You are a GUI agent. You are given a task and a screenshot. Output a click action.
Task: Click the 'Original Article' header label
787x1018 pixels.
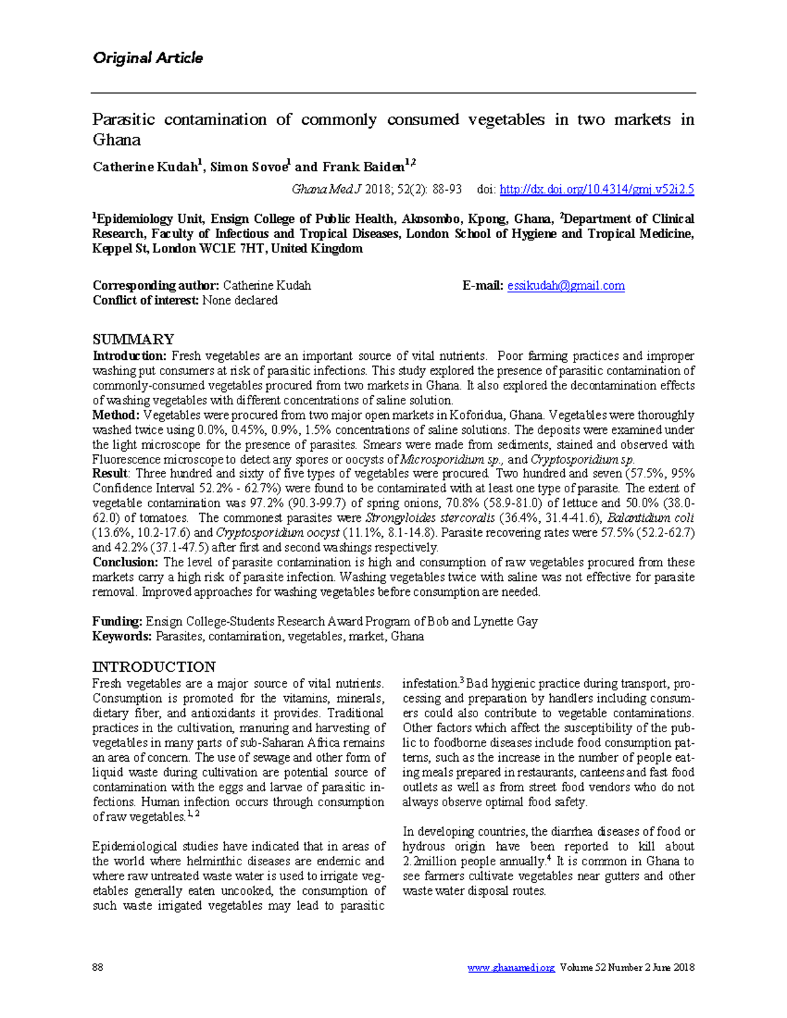pos(148,58)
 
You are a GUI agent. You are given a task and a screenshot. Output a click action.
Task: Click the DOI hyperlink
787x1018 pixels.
pos(596,189)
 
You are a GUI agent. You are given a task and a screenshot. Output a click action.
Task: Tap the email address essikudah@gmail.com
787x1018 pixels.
pos(565,286)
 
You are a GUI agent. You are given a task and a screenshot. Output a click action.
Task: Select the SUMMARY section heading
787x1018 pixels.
pos(133,340)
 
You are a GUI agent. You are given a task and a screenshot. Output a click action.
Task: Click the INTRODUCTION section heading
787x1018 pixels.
pos(153,667)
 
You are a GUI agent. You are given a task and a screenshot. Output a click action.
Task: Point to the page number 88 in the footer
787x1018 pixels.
pos(98,968)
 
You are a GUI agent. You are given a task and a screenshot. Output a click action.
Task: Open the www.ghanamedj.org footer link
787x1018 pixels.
pos(511,968)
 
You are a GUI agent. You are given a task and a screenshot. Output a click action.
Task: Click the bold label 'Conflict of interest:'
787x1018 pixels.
pos(146,301)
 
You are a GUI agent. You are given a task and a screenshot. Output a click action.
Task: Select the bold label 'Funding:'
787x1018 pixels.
pos(117,621)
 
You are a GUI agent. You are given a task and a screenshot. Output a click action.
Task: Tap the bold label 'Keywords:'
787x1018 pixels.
pos(122,636)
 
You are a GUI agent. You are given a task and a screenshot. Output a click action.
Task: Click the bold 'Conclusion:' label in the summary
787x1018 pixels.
pos(125,562)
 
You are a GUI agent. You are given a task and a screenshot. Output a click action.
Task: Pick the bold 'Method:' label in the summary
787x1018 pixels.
pos(115,415)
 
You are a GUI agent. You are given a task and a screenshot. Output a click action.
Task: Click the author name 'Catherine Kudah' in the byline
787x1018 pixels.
pos(145,167)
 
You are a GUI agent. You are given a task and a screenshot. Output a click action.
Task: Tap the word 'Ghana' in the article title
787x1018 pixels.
pos(117,140)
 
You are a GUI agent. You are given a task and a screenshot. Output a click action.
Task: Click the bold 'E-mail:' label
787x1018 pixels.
pos(483,286)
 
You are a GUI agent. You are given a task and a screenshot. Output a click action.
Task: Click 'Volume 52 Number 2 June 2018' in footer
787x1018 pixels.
pos(627,968)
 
